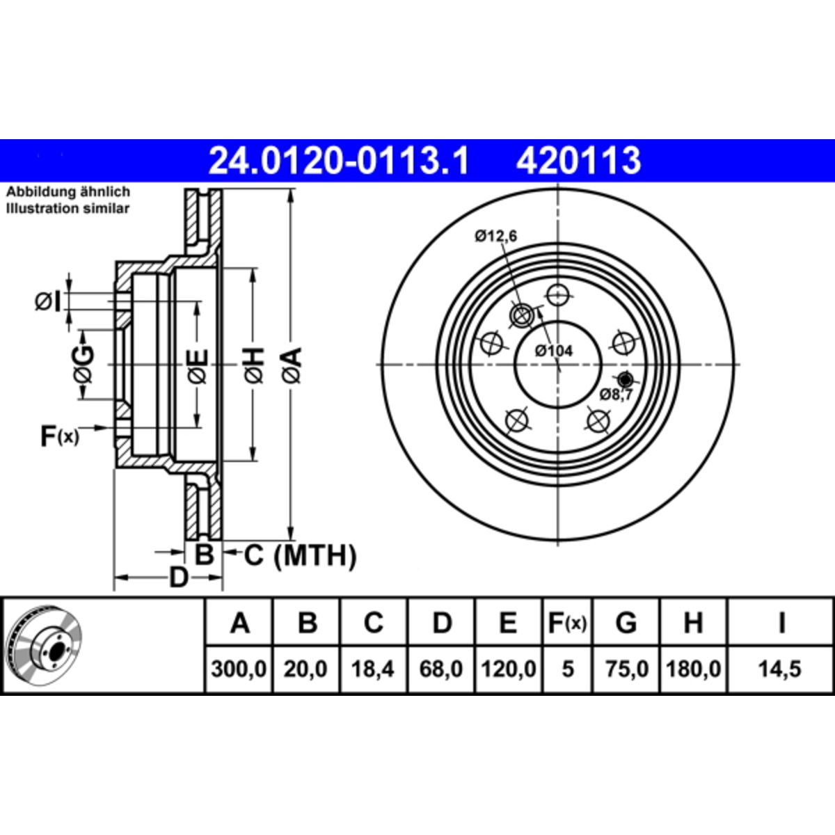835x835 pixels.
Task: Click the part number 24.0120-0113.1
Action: pyautogui.click(x=338, y=161)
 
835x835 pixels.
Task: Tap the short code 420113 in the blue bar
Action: pyautogui.click(x=578, y=161)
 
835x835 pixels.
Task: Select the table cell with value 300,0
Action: pyautogui.click(x=239, y=669)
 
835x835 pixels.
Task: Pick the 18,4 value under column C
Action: pyautogui.click(x=373, y=669)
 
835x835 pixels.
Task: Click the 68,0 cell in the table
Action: pyautogui.click(x=440, y=669)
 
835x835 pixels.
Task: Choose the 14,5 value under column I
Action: pyautogui.click(x=780, y=669)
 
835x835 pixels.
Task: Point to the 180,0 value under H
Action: pyautogui.click(x=693, y=669)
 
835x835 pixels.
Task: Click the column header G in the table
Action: pyautogui.click(x=626, y=623)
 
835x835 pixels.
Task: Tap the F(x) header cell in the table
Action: pyautogui.click(x=567, y=623)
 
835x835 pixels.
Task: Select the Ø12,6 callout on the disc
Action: pyautogui.click(x=495, y=237)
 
